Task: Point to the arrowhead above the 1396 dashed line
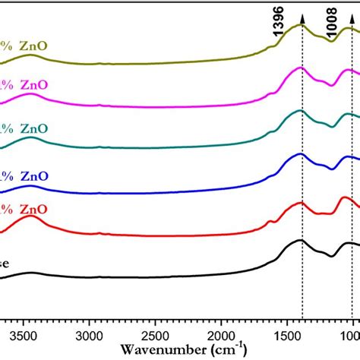point(302,7)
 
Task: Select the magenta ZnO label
point(26,86)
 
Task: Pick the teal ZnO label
point(26,128)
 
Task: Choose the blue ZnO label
point(26,175)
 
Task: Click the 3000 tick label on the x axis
point(90,333)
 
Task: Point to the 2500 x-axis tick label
point(156,333)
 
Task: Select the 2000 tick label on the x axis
point(221,333)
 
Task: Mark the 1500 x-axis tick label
point(286,333)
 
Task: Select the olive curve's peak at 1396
point(302,26)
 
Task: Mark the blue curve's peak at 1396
point(302,155)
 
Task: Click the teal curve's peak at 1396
point(300,112)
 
